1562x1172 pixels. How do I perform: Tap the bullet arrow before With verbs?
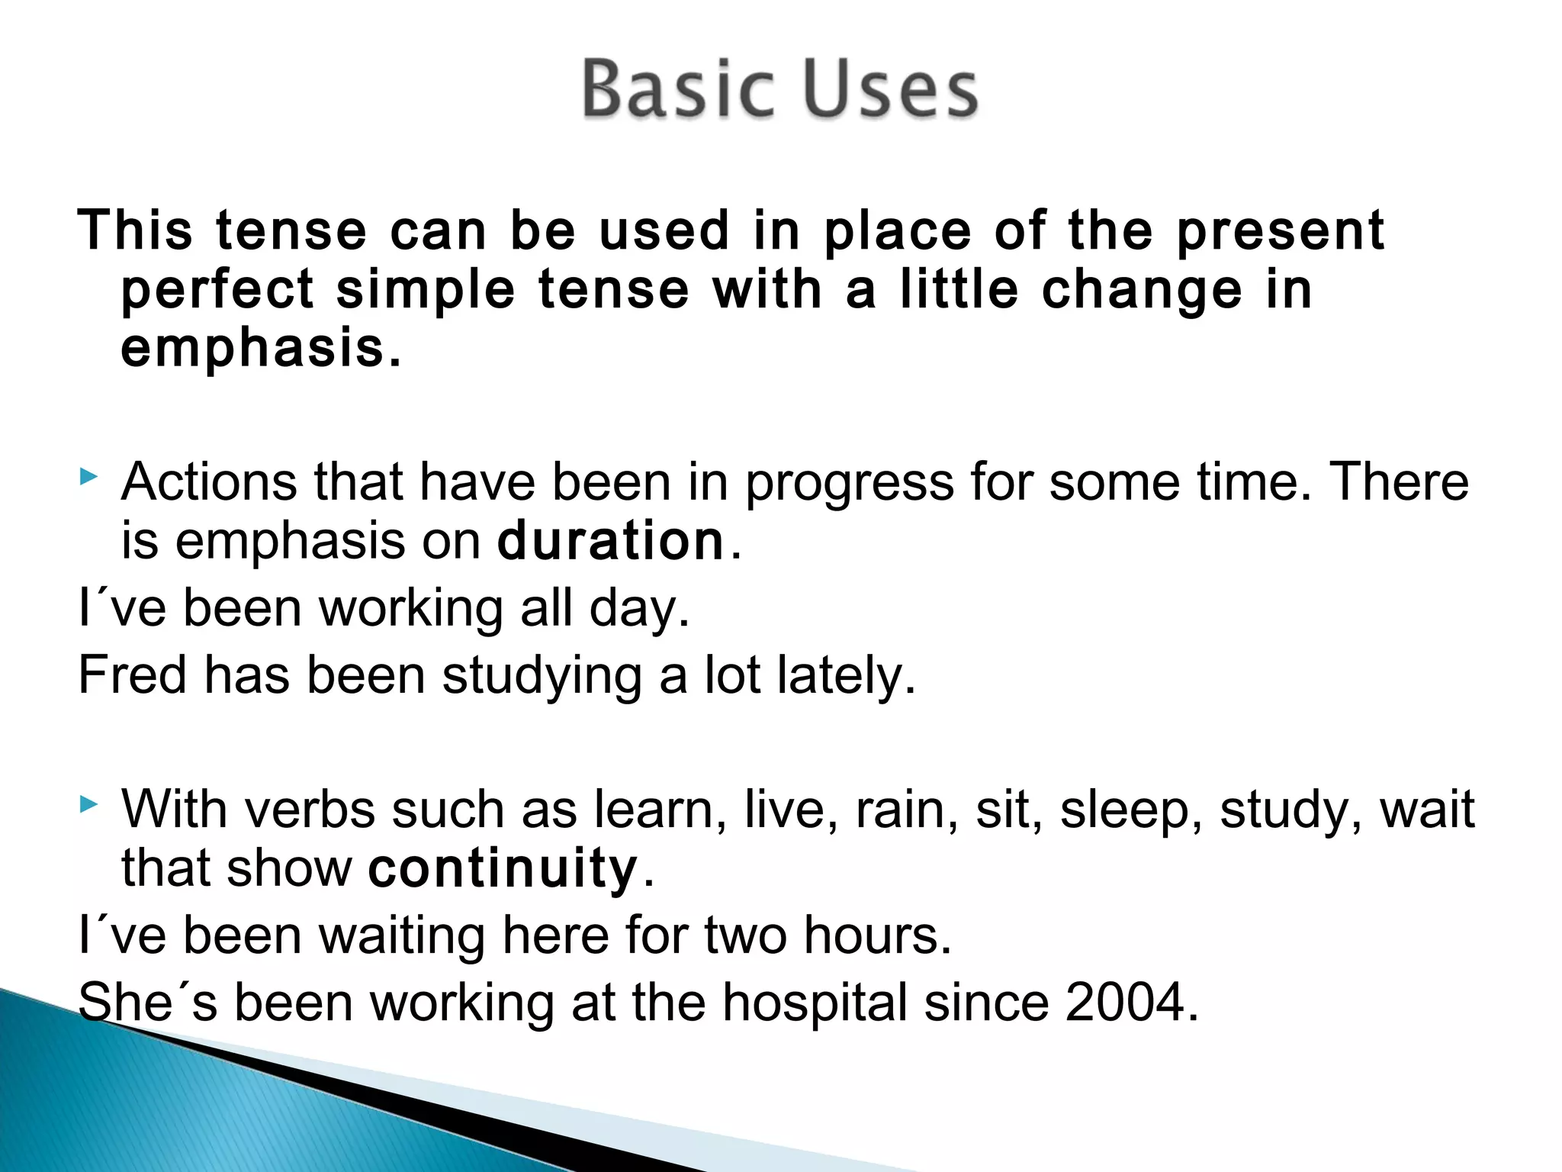pos(88,804)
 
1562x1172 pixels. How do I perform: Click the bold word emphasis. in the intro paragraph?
pos(260,349)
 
